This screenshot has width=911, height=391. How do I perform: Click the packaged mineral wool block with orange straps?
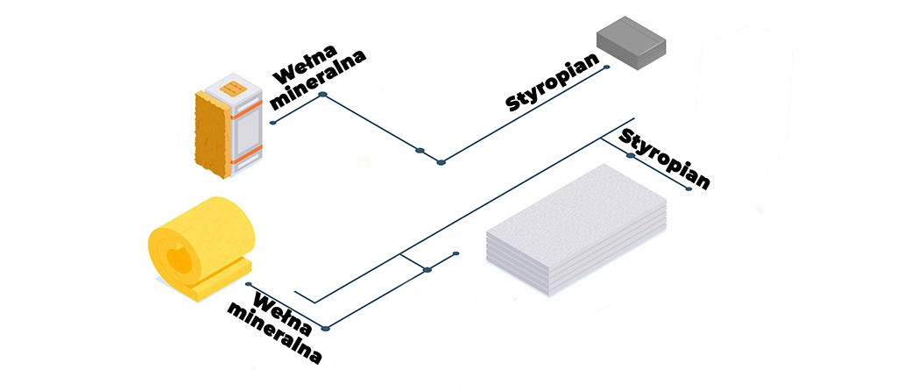click(x=227, y=123)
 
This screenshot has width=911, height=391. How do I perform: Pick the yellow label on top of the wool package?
click(x=234, y=88)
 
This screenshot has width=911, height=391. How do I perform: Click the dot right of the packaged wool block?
click(x=272, y=122)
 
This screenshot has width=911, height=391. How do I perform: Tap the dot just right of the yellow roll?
click(x=250, y=285)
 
